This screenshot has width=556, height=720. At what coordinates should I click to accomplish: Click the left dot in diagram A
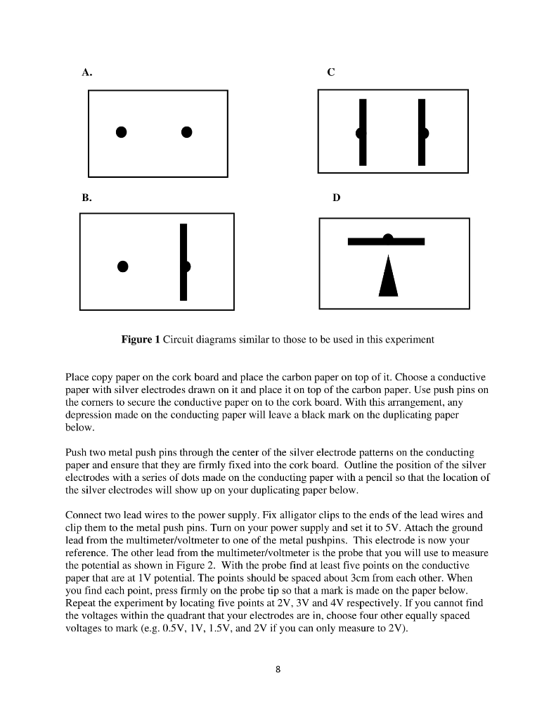(x=122, y=131)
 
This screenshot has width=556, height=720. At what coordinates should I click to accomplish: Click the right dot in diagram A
(x=186, y=131)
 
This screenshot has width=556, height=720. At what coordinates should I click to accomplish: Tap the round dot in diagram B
(x=122, y=266)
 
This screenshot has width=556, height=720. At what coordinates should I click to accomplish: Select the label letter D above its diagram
(x=335, y=199)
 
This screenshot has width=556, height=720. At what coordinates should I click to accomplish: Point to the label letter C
(x=331, y=72)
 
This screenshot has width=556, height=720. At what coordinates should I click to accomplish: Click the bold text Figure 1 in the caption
(x=141, y=340)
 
